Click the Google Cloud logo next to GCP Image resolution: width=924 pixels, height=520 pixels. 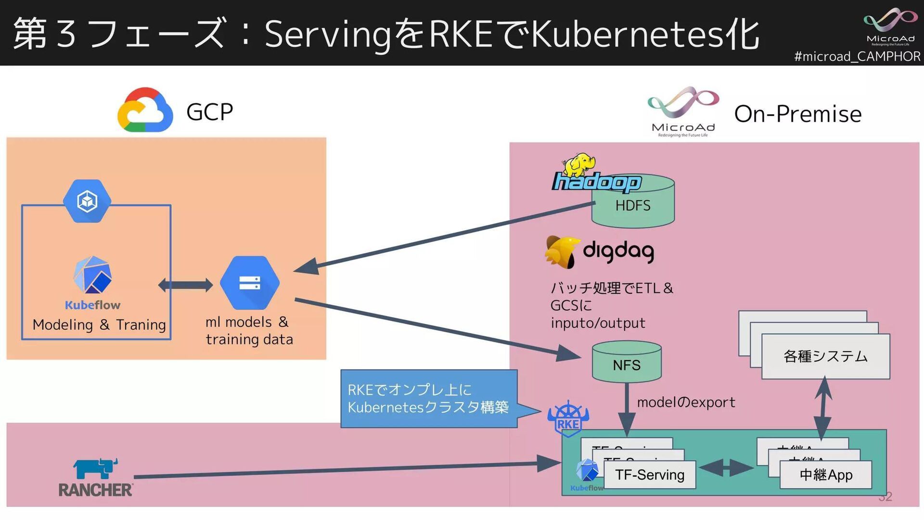click(x=145, y=110)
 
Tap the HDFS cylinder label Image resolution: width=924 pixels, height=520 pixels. click(x=632, y=206)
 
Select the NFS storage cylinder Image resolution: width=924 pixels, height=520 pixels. click(x=627, y=363)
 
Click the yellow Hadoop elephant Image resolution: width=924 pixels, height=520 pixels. click(x=579, y=164)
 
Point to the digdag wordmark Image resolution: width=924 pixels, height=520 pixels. click(x=618, y=251)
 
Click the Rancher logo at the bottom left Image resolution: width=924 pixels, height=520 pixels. click(x=96, y=478)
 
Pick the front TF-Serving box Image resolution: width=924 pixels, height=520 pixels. click(x=649, y=475)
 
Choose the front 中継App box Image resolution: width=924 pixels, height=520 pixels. click(x=825, y=475)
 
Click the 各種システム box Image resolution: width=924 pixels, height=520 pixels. click(x=825, y=356)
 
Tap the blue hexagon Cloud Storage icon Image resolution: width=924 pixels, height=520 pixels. click(x=250, y=283)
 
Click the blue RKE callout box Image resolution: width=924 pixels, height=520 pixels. click(x=428, y=398)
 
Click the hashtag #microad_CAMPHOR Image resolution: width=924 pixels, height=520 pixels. click(x=857, y=56)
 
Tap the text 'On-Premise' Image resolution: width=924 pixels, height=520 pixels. click(x=797, y=114)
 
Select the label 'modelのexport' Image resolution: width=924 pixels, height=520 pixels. click(x=686, y=402)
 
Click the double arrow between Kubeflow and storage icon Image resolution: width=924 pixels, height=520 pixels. click(x=185, y=285)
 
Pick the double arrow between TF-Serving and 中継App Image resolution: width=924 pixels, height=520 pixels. click(x=726, y=468)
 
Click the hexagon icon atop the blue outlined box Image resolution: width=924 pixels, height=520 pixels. click(x=87, y=201)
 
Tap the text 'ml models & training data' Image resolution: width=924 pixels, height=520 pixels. click(x=249, y=330)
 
